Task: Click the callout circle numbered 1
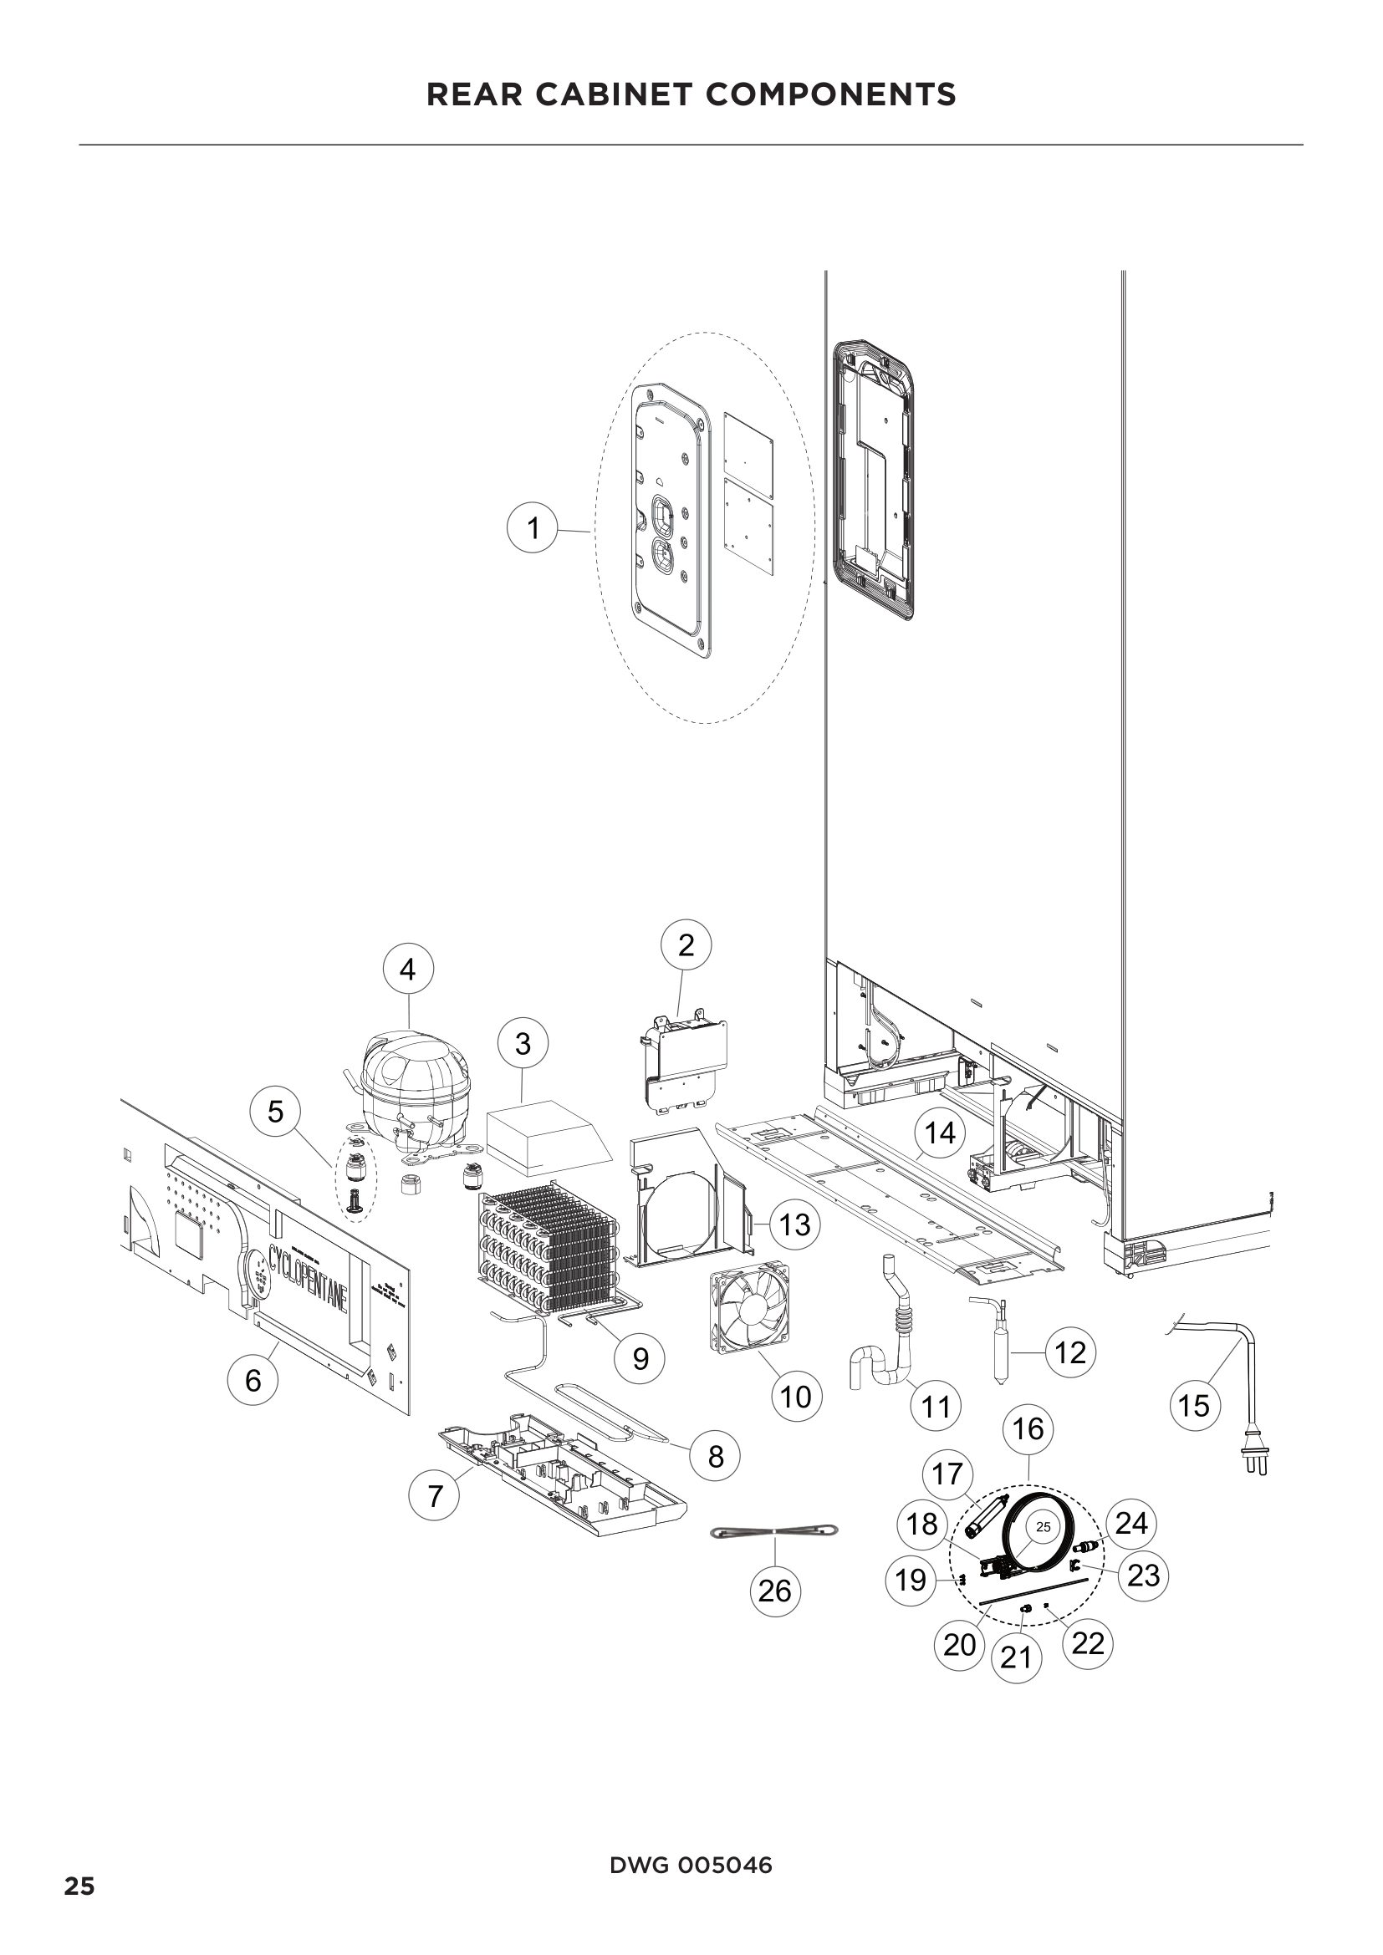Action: point(533,529)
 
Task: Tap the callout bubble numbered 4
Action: point(408,969)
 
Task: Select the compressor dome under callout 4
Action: point(415,1076)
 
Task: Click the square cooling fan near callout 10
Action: point(749,1308)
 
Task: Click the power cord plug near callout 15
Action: point(1255,1462)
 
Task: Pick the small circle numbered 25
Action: point(1044,1528)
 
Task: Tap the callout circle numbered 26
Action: point(775,1590)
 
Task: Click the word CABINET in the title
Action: point(608,94)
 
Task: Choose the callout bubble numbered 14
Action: point(940,1133)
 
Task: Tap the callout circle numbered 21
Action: point(1017,1657)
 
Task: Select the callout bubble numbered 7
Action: point(435,1494)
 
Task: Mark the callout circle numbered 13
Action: point(794,1224)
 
